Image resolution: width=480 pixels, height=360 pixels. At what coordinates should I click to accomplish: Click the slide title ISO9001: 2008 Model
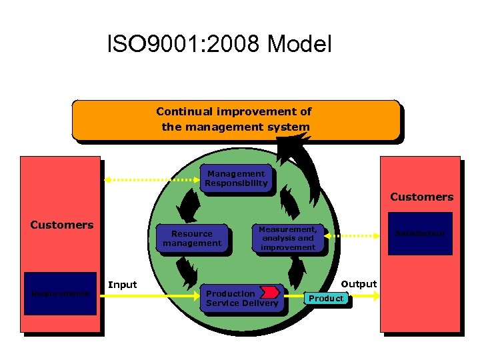click(219, 45)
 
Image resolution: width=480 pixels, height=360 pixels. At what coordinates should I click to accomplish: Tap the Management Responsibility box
click(236, 178)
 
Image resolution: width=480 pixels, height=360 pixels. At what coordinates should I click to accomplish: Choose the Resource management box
click(191, 239)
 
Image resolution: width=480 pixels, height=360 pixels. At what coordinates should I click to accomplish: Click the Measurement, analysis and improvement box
click(288, 238)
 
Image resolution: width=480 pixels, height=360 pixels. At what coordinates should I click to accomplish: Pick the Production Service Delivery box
click(241, 298)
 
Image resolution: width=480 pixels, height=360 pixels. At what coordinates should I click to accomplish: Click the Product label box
click(326, 298)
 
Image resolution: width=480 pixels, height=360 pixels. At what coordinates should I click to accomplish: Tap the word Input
click(122, 285)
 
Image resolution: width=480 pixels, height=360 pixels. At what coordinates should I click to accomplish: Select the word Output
click(359, 284)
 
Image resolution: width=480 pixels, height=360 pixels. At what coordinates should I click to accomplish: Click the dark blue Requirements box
click(60, 293)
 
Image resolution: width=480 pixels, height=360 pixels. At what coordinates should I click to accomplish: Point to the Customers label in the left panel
click(62, 225)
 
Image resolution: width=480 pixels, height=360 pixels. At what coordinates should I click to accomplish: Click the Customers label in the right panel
click(421, 197)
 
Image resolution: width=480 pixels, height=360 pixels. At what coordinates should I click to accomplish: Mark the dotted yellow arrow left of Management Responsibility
click(151, 179)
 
